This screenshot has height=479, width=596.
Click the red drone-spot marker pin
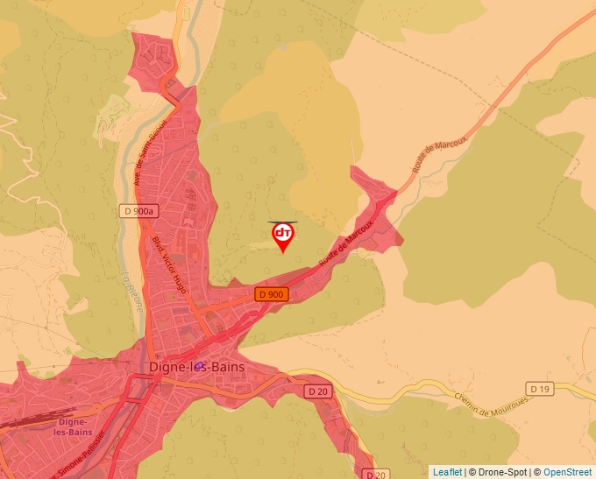pos(282,237)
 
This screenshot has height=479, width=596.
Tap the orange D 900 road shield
pos(272,294)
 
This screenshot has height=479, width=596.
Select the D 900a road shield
pos(138,211)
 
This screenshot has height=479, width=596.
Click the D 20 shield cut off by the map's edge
pos(375,474)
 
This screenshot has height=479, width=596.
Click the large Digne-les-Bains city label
pos(198,367)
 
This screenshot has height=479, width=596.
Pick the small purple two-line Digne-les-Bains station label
pos(73,426)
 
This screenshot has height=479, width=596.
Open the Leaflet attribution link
pos(447,472)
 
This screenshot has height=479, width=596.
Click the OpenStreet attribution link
pos(569,472)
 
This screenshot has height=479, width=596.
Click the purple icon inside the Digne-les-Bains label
pos(200,365)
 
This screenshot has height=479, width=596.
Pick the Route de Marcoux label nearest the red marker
pos(347,244)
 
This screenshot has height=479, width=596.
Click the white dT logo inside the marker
pos(282,233)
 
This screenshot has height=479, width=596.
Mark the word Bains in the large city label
pos(226,367)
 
